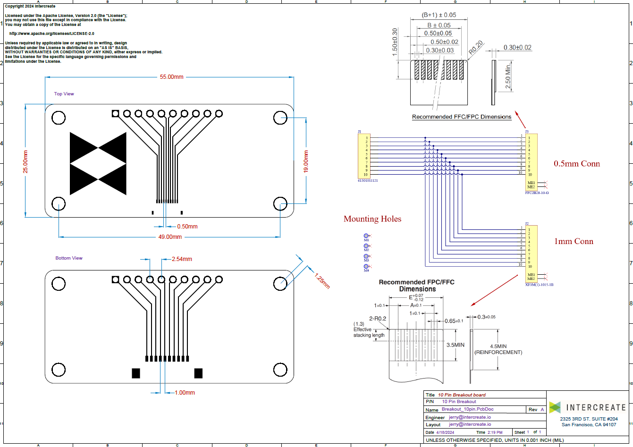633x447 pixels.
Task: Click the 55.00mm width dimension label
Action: click(171, 77)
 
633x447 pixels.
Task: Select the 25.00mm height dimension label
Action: click(26, 161)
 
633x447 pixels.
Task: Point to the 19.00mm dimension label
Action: click(306, 161)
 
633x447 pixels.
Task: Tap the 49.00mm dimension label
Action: click(170, 237)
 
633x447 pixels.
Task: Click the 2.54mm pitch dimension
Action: click(182, 259)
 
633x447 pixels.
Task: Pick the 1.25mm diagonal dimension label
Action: click(322, 280)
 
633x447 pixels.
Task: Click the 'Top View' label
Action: click(64, 94)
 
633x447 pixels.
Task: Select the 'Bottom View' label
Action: click(69, 258)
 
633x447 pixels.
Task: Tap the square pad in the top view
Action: click(115, 113)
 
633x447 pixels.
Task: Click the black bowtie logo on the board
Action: click(98, 163)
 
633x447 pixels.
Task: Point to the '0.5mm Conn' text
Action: click(577, 164)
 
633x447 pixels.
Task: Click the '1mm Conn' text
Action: click(574, 242)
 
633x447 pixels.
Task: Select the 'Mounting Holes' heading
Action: click(372, 219)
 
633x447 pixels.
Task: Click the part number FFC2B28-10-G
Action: click(537, 193)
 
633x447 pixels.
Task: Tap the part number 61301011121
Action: click(368, 181)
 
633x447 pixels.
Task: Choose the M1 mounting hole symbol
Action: click(366, 236)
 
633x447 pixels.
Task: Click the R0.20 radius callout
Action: click(476, 47)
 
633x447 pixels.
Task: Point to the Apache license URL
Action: click(52, 34)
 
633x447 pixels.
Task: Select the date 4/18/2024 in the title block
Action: click(446, 432)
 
